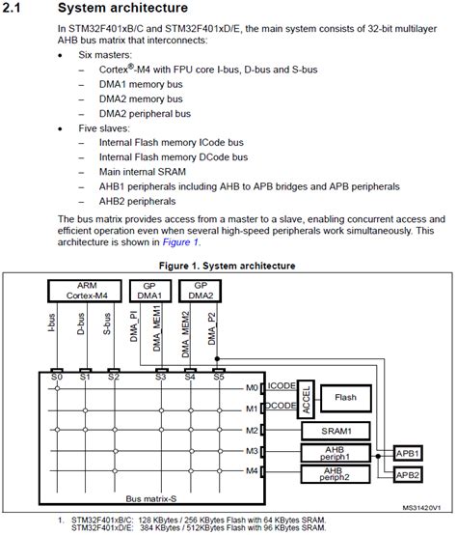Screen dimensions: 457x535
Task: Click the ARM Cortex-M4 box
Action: pos(85,291)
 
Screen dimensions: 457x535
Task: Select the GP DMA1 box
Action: pos(150,291)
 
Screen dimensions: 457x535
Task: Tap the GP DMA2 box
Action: pos(201,291)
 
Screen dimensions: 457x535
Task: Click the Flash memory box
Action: pos(346,398)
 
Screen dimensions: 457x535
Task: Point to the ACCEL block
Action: pos(306,399)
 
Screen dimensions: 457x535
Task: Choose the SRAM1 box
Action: pos(336,431)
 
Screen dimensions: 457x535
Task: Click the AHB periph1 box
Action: pos(336,453)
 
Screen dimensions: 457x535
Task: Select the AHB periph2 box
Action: pos(336,474)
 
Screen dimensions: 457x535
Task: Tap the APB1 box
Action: pos(408,454)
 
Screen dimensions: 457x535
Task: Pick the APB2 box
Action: pos(408,474)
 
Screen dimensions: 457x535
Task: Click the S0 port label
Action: pos(57,377)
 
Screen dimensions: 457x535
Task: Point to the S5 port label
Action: pos(219,377)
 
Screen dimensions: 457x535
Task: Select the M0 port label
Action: pos(252,388)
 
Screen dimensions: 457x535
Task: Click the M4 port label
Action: pos(252,471)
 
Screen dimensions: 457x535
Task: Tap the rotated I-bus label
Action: pos(51,323)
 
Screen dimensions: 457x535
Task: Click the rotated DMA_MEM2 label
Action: pos(185,334)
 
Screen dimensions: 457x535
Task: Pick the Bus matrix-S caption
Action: pos(151,499)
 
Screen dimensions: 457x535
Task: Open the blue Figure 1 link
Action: pos(180,242)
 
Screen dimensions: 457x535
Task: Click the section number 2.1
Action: pos(12,8)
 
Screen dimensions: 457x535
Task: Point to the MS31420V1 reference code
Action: pos(421,508)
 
